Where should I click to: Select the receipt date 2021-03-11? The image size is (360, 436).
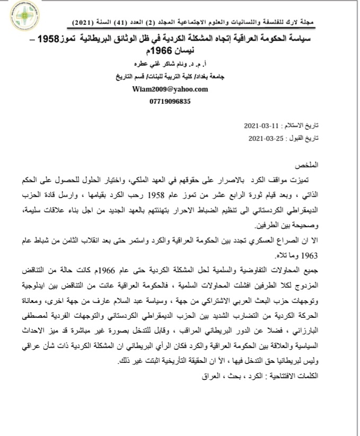[x=260, y=127]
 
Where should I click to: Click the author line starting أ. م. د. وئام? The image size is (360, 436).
[x=177, y=66]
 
